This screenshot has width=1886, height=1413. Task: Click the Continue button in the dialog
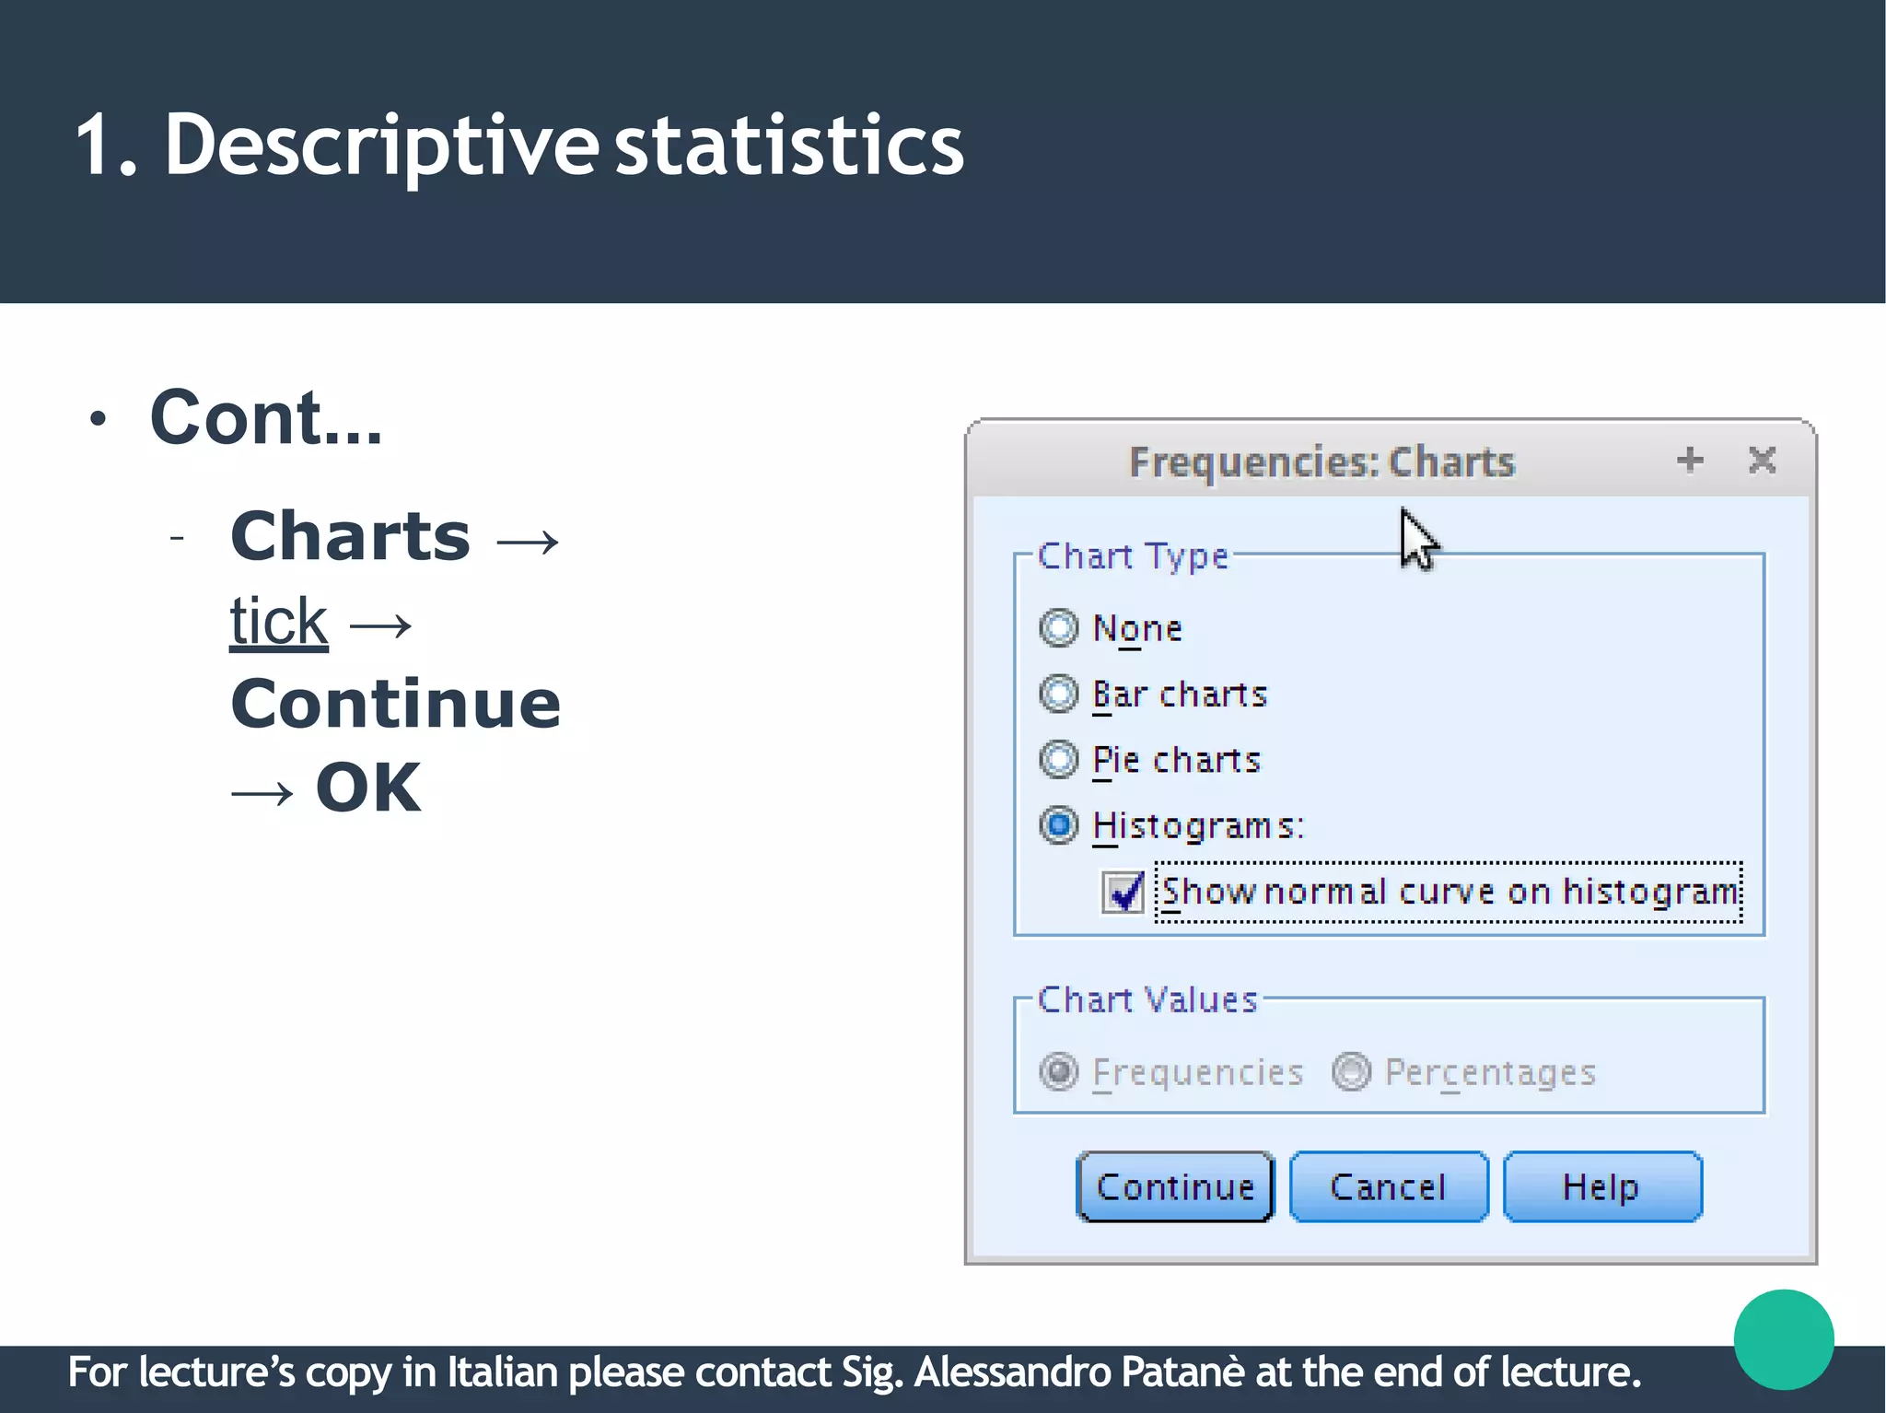[x=1175, y=1186]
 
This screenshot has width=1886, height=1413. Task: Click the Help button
[x=1601, y=1186]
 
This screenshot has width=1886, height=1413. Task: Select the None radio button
[x=1058, y=628]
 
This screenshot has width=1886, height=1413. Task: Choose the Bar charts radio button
[x=1058, y=694]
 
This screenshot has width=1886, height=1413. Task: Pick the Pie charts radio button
[x=1058, y=760]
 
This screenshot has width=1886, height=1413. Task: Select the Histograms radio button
[x=1058, y=825]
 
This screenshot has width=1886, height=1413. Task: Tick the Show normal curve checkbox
[x=1123, y=892]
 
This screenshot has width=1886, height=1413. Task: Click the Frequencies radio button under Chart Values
[x=1059, y=1071]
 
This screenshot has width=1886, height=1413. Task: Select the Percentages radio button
[x=1351, y=1071]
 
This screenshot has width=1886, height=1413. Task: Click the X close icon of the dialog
[x=1762, y=460]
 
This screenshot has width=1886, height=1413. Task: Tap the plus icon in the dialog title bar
[x=1690, y=460]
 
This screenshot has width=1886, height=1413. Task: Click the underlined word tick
[x=278, y=622]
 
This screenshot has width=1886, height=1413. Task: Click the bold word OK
[x=368, y=788]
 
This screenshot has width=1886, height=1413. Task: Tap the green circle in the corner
[x=1783, y=1339]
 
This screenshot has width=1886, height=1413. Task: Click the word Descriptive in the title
[x=381, y=146]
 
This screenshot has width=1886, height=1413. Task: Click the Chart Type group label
[x=1133, y=556]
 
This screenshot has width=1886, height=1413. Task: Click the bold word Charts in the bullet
[x=350, y=536]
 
